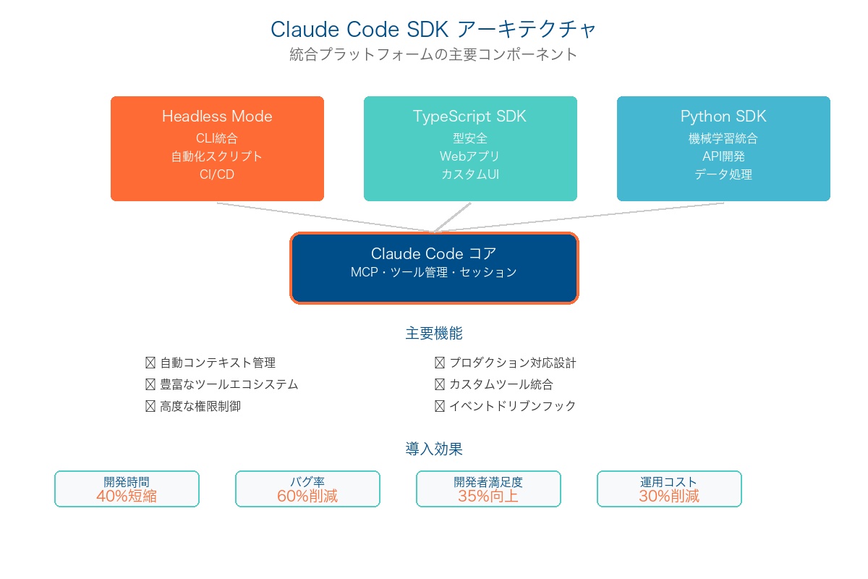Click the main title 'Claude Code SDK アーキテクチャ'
click(x=433, y=30)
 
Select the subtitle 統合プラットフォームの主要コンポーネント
click(x=433, y=54)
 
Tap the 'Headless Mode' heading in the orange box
click(x=217, y=117)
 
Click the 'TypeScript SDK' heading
click(x=469, y=117)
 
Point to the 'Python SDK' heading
click(x=723, y=117)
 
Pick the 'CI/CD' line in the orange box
click(x=217, y=174)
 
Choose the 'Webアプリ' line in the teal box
click(x=469, y=156)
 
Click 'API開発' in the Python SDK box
click(x=723, y=156)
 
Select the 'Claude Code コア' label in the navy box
click(x=433, y=253)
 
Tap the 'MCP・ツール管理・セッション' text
click(x=433, y=272)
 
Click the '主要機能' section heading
click(x=434, y=333)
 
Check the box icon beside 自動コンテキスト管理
click(x=150, y=363)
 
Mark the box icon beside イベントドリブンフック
click(x=440, y=406)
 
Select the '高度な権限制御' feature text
click(x=200, y=406)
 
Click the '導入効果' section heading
click(x=434, y=449)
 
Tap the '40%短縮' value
click(x=127, y=496)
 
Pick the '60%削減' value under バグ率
click(x=307, y=496)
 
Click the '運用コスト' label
click(x=669, y=482)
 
